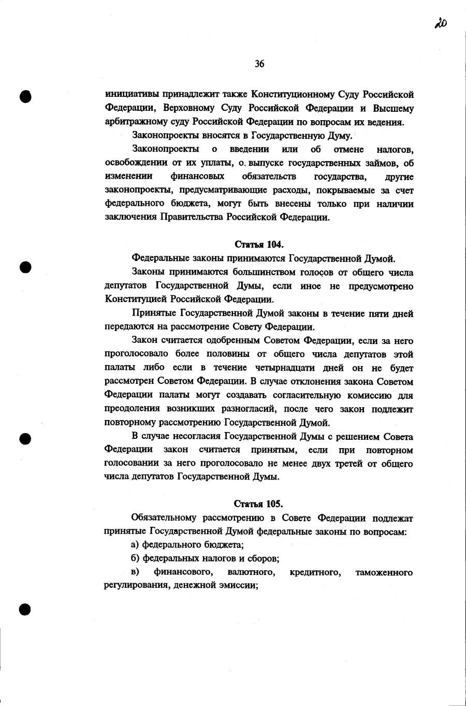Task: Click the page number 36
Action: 259,64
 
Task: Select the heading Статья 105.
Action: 258,504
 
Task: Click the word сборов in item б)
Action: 265,559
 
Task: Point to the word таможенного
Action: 384,572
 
